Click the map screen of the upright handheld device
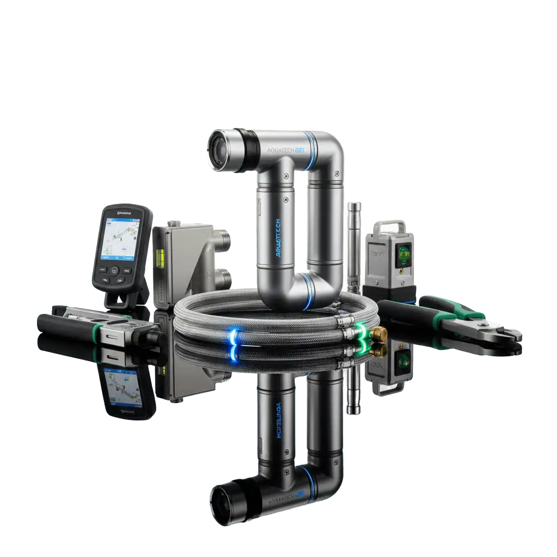point(120,239)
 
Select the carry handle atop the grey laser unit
point(387,228)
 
